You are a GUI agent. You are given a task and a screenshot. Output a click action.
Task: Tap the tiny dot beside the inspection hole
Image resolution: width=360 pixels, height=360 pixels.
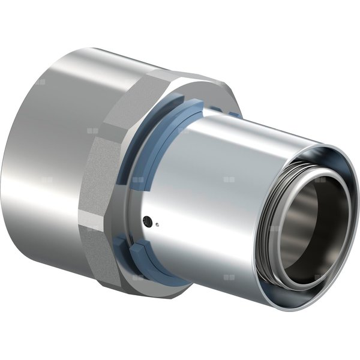(156, 226)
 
